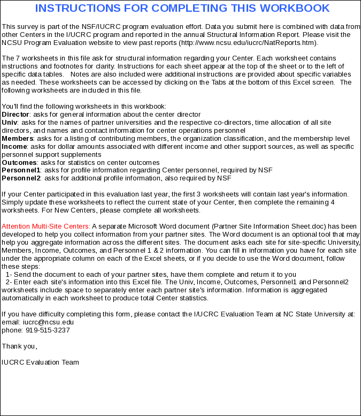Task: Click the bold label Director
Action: (x=15, y=114)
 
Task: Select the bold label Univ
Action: (x=10, y=122)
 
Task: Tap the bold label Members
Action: (x=18, y=138)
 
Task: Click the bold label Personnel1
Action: (x=21, y=170)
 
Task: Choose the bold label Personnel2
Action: (x=21, y=178)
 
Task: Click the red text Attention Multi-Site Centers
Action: (x=46, y=226)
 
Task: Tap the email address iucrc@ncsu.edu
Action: (x=48, y=322)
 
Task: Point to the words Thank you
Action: (x=19, y=346)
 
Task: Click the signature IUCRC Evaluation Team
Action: (x=40, y=362)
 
